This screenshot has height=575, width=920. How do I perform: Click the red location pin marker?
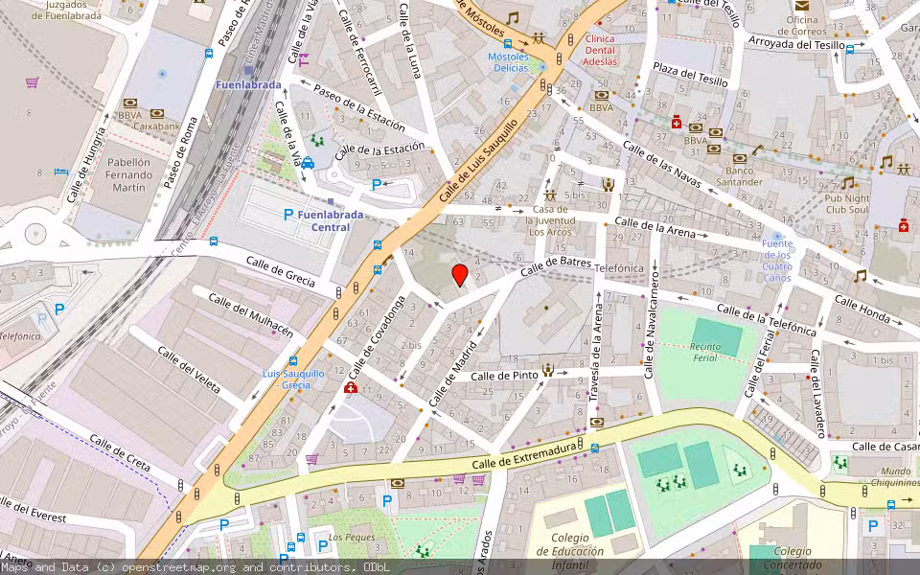coord(460,275)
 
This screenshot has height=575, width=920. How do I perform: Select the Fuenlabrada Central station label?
coord(331,220)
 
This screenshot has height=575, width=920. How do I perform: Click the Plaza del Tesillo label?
coord(691,79)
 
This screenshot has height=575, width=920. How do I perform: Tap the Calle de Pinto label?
coord(504,376)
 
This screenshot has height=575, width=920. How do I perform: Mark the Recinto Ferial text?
coord(704,352)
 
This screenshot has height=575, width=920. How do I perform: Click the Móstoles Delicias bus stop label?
coord(508,62)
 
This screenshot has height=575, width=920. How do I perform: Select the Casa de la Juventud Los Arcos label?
coord(552,220)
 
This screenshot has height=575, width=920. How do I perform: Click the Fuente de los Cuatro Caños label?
coord(777,260)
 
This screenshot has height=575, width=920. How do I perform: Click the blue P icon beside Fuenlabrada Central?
coord(288,215)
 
